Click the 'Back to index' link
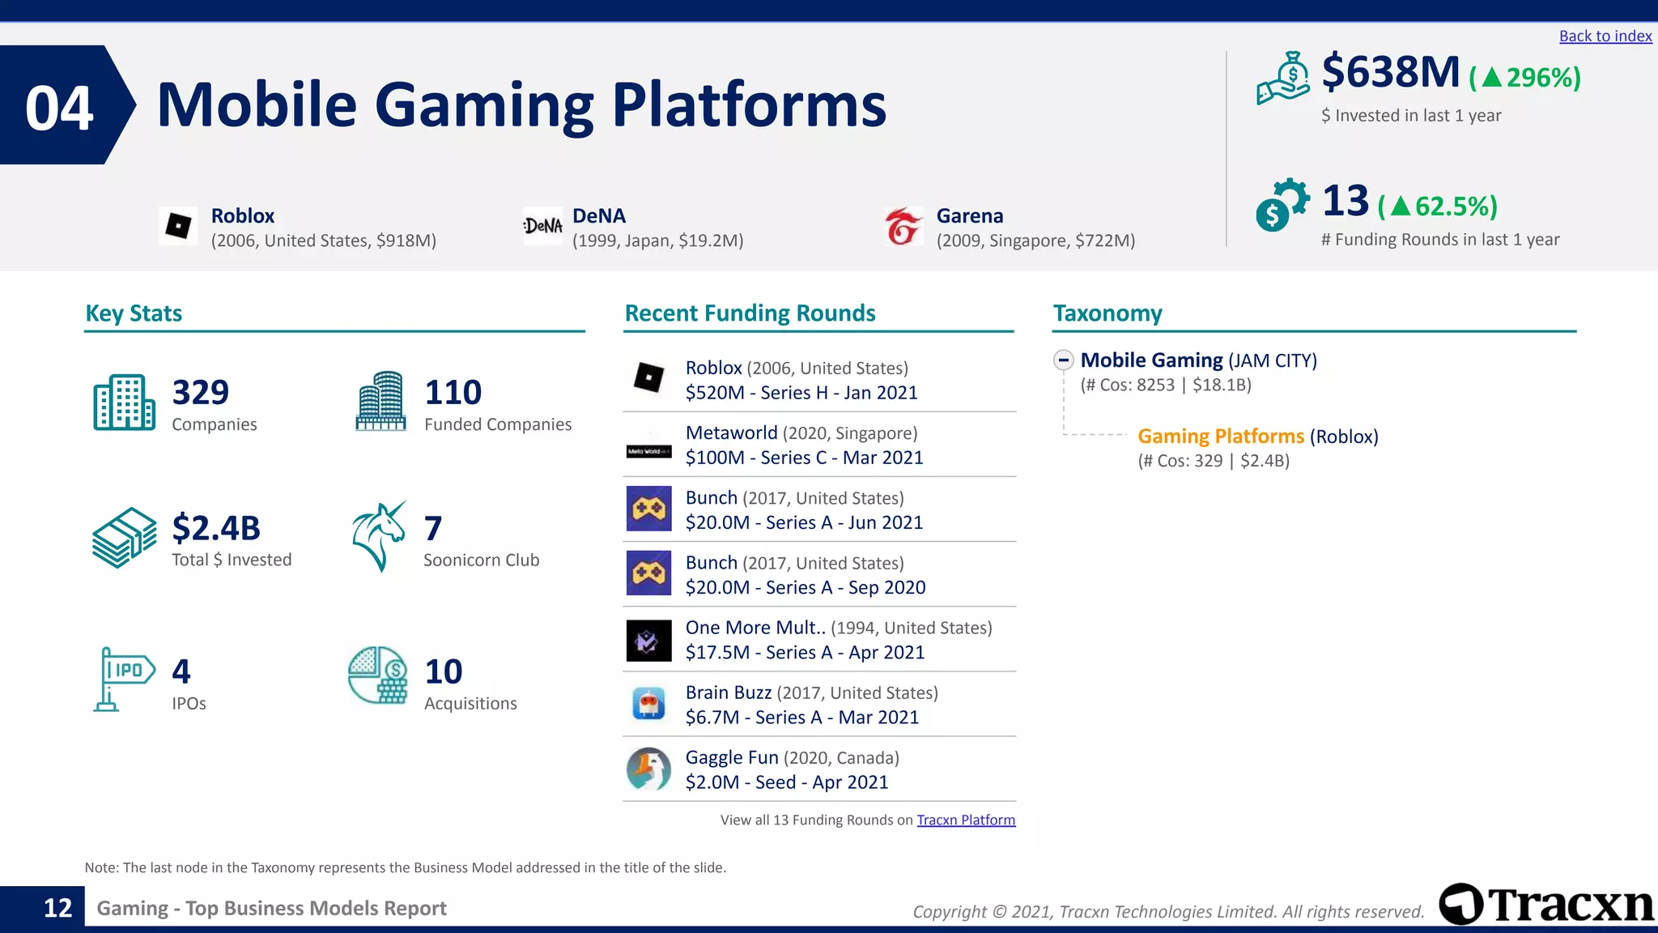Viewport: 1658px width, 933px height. point(1605,36)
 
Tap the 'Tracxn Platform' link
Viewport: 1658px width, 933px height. point(965,820)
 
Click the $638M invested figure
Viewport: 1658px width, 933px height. point(1390,72)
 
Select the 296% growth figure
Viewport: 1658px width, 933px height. point(1525,78)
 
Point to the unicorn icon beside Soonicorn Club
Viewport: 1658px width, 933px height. point(379,536)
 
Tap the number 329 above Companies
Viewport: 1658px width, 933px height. point(201,393)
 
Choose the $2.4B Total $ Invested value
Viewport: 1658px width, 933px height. point(216,528)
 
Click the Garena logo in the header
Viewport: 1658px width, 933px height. point(903,226)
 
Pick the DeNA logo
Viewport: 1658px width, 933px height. point(542,226)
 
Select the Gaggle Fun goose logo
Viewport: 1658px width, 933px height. point(648,769)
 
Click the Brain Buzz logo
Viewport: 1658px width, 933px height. point(648,704)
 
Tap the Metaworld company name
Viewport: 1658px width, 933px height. point(731,433)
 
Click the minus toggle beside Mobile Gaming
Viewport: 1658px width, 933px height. point(1064,360)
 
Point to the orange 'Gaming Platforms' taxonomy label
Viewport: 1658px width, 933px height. point(1220,437)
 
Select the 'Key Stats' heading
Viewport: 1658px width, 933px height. point(134,313)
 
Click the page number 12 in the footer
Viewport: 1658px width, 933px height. point(57,908)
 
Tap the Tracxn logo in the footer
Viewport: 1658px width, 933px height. point(1546,905)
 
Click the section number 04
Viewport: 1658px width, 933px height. point(59,108)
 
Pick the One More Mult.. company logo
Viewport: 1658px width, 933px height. point(648,641)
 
